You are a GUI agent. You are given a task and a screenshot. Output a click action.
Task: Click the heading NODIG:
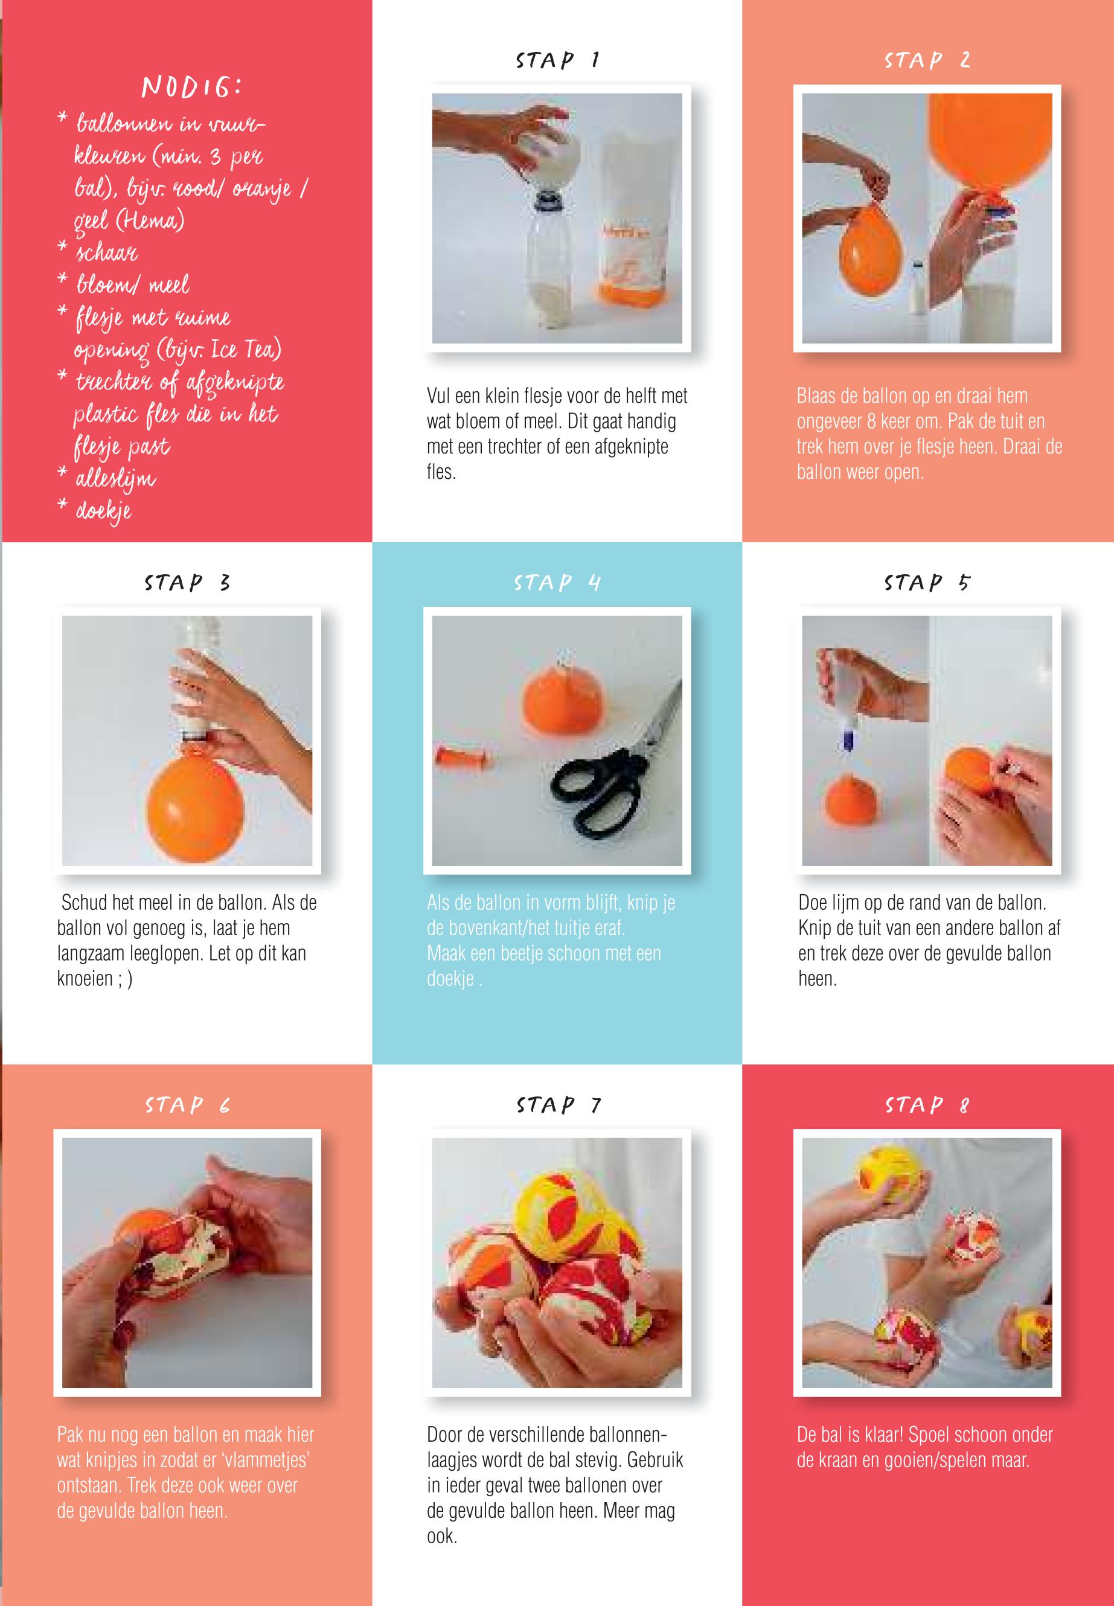point(192,88)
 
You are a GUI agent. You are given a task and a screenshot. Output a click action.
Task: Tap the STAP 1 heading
point(557,60)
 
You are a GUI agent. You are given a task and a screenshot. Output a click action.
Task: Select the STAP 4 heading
point(557,582)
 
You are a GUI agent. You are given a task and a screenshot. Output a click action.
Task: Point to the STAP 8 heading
point(927,1105)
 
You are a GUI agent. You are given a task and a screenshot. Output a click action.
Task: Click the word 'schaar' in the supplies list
point(106,252)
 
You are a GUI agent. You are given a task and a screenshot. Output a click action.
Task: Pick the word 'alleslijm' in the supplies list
point(115,479)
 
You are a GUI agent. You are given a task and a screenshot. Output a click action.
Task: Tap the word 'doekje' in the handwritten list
point(103,511)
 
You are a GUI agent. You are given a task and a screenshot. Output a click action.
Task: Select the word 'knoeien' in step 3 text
point(85,979)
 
